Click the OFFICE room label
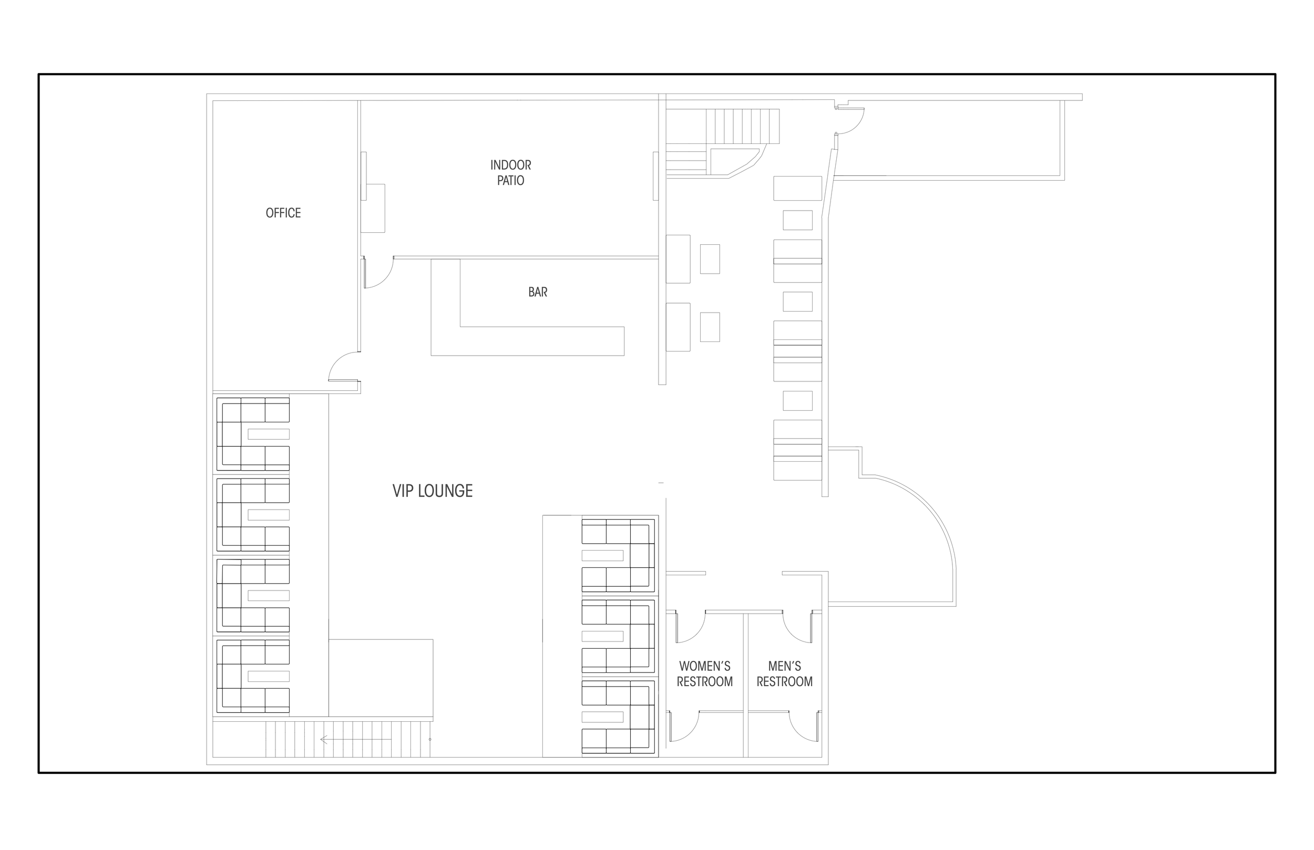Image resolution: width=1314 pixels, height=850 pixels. [x=283, y=213]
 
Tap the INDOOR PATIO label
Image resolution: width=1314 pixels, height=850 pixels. [x=511, y=173]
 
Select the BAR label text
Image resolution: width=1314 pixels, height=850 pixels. [x=538, y=292]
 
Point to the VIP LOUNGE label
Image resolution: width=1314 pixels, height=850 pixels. [x=432, y=491]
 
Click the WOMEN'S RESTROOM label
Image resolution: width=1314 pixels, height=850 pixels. [x=704, y=674]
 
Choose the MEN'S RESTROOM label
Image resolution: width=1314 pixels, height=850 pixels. [x=785, y=674]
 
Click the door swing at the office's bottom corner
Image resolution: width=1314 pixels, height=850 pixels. [x=343, y=367]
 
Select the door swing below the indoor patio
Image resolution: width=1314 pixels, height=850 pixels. [x=379, y=273]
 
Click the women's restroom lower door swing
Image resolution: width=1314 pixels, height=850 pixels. [x=685, y=727]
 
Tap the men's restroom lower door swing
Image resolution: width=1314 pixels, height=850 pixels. [x=804, y=727]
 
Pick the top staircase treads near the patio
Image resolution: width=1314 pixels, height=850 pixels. [x=745, y=126]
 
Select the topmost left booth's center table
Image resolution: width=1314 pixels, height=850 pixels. [x=269, y=434]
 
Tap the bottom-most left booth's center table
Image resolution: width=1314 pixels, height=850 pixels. [x=269, y=676]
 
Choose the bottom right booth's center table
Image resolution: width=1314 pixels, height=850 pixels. [x=602, y=717]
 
